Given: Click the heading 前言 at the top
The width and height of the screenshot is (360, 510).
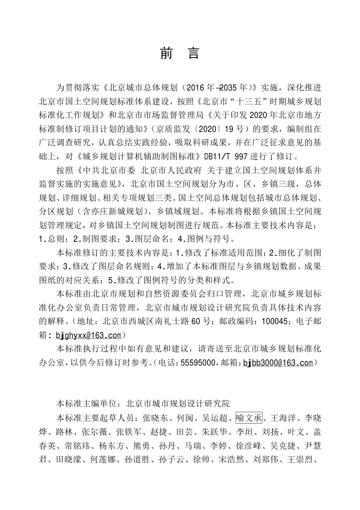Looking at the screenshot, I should [180, 54].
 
